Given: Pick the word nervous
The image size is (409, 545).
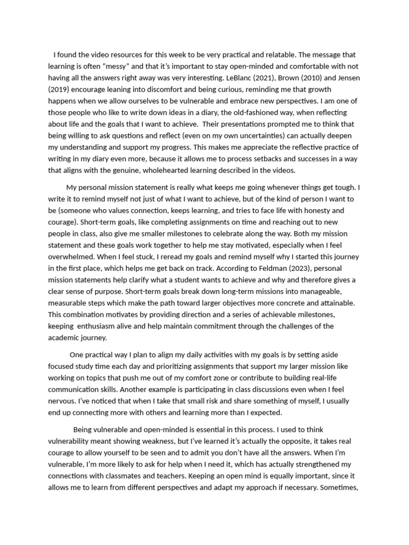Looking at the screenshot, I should pos(62,401).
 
